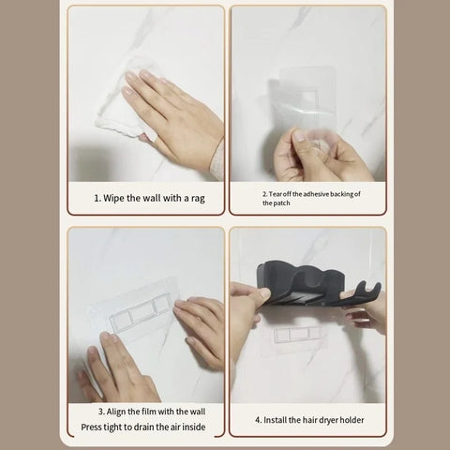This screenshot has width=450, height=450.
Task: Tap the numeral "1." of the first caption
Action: coord(97,198)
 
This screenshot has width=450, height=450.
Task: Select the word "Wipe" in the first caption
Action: coord(115,198)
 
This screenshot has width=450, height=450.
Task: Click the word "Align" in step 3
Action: coord(120,412)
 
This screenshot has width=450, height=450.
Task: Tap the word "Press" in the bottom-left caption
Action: coord(96,427)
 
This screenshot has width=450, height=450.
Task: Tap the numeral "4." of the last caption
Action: coord(259,419)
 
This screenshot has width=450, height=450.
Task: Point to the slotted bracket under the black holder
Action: coord(302,334)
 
